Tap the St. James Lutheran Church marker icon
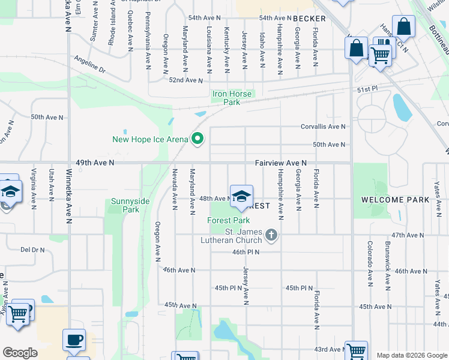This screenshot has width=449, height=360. point(272,234)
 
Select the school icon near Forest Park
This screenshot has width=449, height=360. point(241,196)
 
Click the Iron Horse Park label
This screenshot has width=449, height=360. point(234,98)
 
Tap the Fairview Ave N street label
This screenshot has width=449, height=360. point(280,163)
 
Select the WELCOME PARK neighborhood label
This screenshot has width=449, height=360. point(395,199)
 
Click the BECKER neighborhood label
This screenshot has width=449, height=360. point(309,19)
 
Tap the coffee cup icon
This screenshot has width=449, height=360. point(74,340)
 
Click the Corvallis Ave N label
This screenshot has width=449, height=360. point(323,127)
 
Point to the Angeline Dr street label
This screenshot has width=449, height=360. point(89,65)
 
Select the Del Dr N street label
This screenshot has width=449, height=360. point(33,249)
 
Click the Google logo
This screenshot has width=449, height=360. point(20,353)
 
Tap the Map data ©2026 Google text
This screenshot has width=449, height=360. point(411,355)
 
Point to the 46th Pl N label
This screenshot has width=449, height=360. point(246,252)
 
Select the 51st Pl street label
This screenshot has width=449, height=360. point(366,88)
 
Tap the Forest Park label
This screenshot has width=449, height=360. point(228,220)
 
